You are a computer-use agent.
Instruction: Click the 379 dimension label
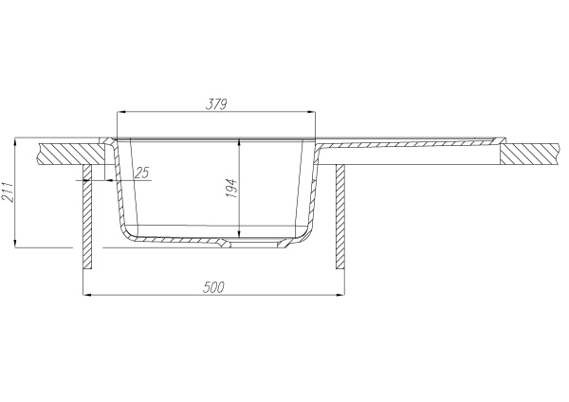click(x=216, y=104)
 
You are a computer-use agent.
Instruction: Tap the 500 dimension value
click(x=213, y=287)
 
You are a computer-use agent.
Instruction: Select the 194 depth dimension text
click(x=231, y=188)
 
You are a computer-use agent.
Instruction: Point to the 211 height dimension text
click(x=8, y=192)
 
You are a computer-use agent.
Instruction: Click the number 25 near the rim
click(x=141, y=173)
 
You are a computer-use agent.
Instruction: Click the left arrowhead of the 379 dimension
click(x=119, y=113)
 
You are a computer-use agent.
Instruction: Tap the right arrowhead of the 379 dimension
click(x=312, y=113)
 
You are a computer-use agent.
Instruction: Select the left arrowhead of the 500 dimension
click(x=86, y=295)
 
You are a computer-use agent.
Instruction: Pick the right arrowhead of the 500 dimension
click(x=340, y=295)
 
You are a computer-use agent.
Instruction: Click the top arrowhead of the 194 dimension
click(x=239, y=141)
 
